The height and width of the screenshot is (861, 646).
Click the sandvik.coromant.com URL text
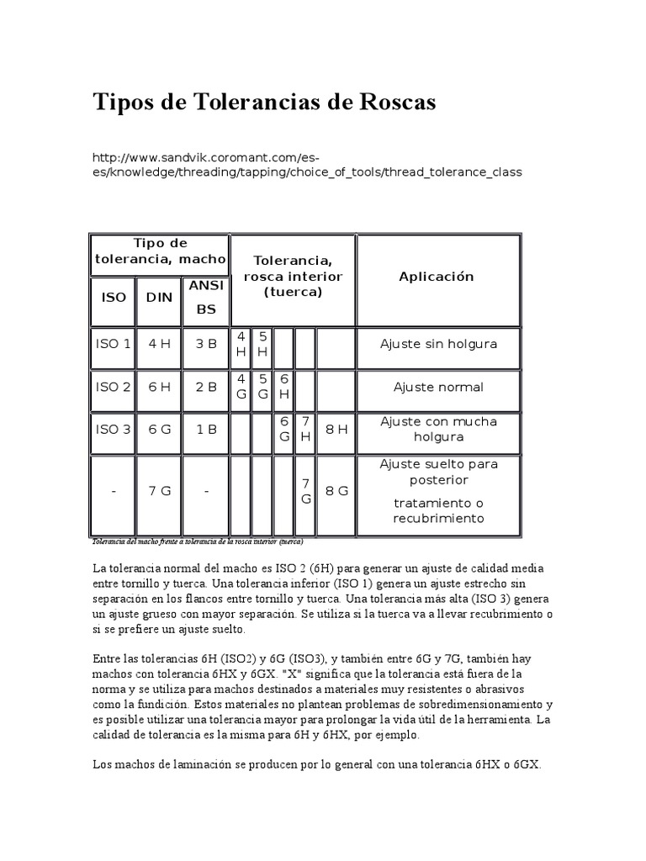[x=306, y=164]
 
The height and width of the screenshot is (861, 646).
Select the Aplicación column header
[x=437, y=277]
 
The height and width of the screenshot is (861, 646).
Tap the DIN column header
[x=159, y=297]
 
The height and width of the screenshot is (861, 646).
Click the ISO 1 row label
[x=114, y=343]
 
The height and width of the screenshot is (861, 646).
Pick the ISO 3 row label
[x=114, y=429]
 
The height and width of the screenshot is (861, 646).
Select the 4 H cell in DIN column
[x=159, y=343]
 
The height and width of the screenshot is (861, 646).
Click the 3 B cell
[x=206, y=343]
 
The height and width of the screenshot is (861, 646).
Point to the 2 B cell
[x=206, y=387]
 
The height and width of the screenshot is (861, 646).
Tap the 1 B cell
[x=206, y=429]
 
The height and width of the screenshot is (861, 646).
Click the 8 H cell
[x=336, y=429]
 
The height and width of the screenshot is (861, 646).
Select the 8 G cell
[x=336, y=491]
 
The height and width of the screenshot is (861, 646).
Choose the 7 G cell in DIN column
[x=159, y=491]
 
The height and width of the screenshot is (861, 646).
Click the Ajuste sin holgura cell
[x=438, y=343]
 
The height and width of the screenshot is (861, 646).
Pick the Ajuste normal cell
[x=438, y=387]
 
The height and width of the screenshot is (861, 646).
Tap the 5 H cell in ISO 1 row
[x=262, y=343]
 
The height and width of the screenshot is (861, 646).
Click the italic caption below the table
[x=199, y=541]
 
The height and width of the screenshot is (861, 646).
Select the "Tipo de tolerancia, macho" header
[x=160, y=251]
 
